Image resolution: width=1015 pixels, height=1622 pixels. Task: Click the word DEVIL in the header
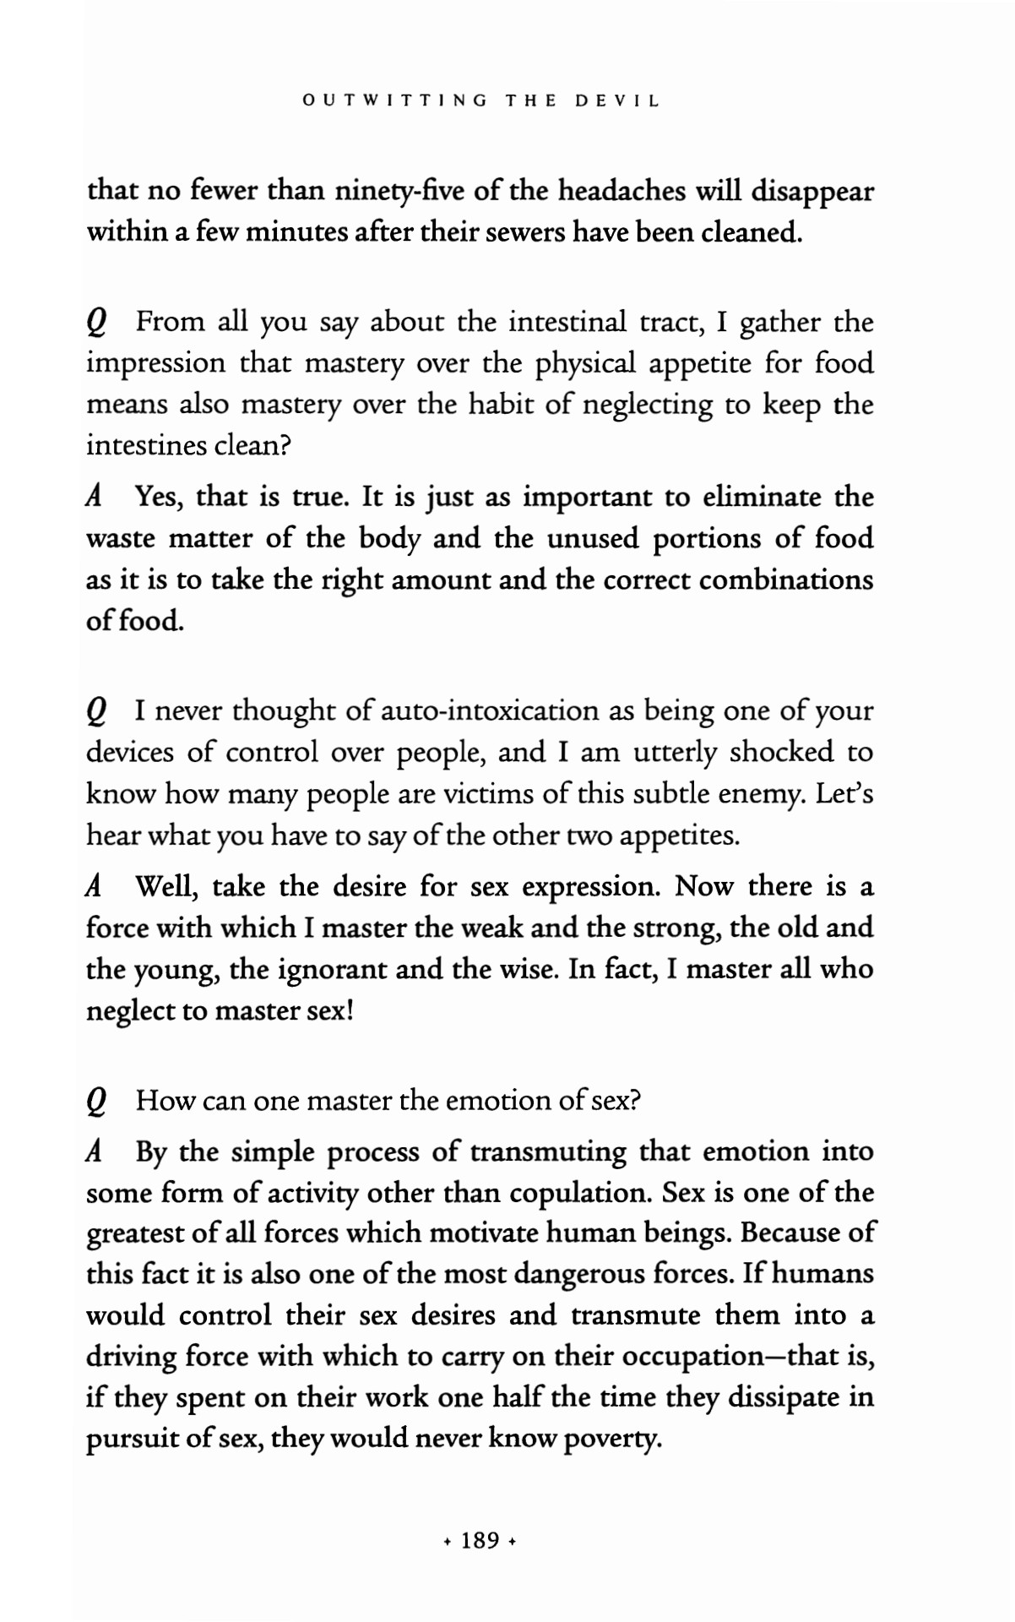pyautogui.click(x=616, y=101)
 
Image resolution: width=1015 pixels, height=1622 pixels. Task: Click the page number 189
pyautogui.click(x=480, y=1540)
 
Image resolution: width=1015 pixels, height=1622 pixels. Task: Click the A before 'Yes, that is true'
pyautogui.click(x=95, y=497)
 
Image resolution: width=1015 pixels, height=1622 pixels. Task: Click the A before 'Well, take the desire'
pyautogui.click(x=95, y=887)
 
